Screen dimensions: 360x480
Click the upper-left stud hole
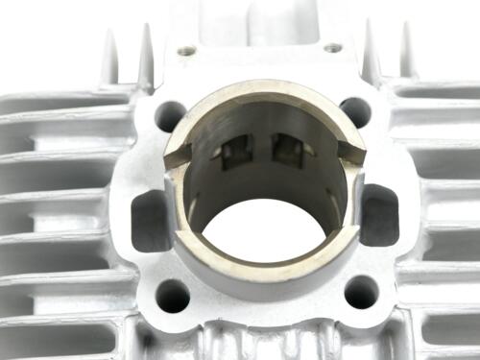pos(170,115)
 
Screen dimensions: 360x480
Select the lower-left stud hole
pos(172,295)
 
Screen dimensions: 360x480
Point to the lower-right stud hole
pos(361,291)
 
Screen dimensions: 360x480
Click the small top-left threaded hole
pos(186,50)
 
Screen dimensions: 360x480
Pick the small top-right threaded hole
pos(333,47)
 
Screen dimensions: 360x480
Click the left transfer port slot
pos(150,220)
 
